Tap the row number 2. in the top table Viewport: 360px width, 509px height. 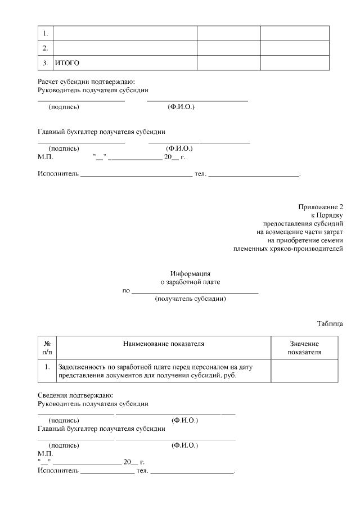[45, 48]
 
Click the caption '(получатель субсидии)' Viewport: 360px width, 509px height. [190, 299]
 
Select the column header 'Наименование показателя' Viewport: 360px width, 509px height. [164, 343]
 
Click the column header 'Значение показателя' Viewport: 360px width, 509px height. [304, 348]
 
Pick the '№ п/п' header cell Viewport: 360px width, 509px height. [47, 348]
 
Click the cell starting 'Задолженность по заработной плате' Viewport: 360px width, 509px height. [156, 371]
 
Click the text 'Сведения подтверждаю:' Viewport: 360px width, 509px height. [75, 395]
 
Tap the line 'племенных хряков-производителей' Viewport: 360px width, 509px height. [287, 248]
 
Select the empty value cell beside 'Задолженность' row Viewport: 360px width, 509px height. [304, 371]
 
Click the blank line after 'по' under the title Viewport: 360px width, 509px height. [194, 291]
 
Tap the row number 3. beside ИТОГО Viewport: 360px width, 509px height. [45, 62]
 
